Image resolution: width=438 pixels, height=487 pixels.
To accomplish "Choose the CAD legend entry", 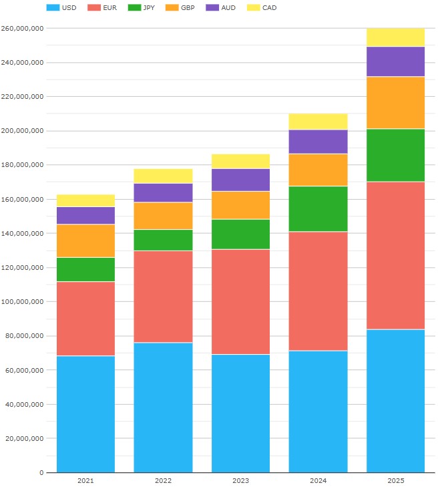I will click(262, 8).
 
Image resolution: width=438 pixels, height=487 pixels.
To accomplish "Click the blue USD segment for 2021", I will click(85, 414).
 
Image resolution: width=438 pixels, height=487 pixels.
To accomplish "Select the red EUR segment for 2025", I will click(395, 255).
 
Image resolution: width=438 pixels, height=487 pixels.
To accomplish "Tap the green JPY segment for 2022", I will click(163, 240).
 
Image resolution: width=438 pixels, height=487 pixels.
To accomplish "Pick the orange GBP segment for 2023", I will click(240, 205).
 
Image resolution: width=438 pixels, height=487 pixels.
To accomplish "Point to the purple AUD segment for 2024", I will click(318, 142).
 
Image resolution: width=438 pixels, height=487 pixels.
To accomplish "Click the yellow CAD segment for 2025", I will click(395, 37).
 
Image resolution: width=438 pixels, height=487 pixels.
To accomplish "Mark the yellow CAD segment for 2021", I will click(85, 200).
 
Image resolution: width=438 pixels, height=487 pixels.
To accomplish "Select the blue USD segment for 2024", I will click(318, 412).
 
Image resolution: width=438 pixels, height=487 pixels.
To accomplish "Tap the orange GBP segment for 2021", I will click(85, 240).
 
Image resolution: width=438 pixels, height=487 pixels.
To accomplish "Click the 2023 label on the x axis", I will click(240, 481).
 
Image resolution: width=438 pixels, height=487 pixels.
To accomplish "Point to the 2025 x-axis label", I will click(395, 481).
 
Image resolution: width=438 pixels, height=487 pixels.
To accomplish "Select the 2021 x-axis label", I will click(85, 481).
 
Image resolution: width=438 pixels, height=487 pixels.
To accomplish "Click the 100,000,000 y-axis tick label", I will click(23, 268).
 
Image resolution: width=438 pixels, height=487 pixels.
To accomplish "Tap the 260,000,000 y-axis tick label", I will click(23, 29).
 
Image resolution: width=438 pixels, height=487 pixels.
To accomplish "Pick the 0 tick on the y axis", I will click(41, 473).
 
